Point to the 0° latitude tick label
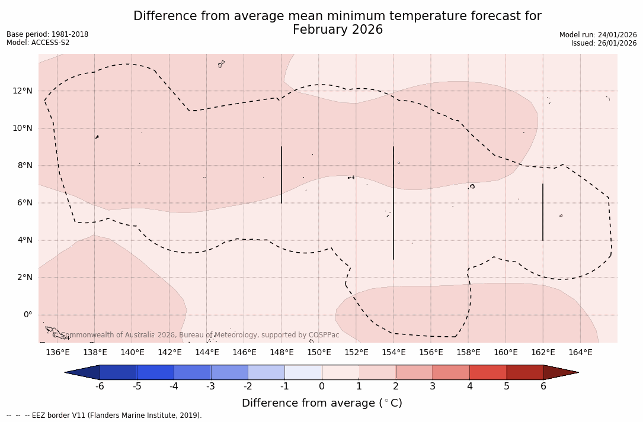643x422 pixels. tap(27, 315)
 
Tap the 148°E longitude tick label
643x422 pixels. tap(281, 353)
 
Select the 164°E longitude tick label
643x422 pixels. tap(580, 353)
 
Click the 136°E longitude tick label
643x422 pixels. tap(57, 353)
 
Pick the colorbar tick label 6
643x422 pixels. tap(543, 386)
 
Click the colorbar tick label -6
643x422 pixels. tap(100, 386)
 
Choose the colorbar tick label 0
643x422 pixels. tap(322, 386)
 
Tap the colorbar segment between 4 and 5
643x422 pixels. tap(488, 372)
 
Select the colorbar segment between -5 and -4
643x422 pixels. tap(155, 372)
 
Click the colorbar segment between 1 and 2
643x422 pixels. tap(377, 372)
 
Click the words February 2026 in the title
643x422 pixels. tap(337, 30)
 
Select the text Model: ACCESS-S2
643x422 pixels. tap(38, 43)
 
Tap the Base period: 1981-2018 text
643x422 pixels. tap(47, 34)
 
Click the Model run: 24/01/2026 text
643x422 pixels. tap(597, 35)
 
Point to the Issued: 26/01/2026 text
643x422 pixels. tap(603, 43)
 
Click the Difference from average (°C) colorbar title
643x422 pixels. tap(322, 403)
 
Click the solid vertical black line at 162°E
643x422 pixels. tap(543, 212)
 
